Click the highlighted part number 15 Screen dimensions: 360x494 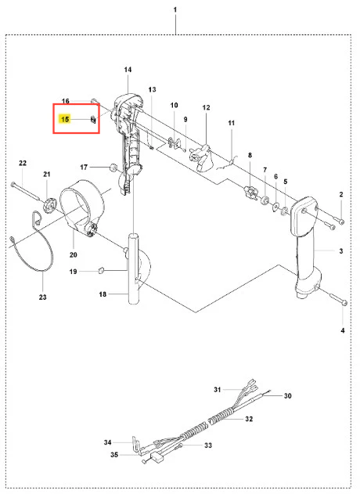coord(65,120)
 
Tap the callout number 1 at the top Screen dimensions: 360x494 coord(175,9)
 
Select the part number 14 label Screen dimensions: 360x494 coord(128,70)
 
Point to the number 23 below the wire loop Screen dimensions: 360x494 coord(43,297)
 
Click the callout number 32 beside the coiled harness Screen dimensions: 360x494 coord(249,419)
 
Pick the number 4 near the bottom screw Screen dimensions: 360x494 coord(343,330)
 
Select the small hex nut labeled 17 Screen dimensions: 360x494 coord(113,168)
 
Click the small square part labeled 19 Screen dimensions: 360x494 coord(101,270)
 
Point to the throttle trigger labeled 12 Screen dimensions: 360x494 coord(202,157)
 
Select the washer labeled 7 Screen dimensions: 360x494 coord(265,200)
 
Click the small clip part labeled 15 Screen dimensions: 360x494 coord(93,120)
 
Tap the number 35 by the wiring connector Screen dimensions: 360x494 coord(114,455)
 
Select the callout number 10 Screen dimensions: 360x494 coord(175,105)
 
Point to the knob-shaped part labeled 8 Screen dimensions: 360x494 coord(250,192)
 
